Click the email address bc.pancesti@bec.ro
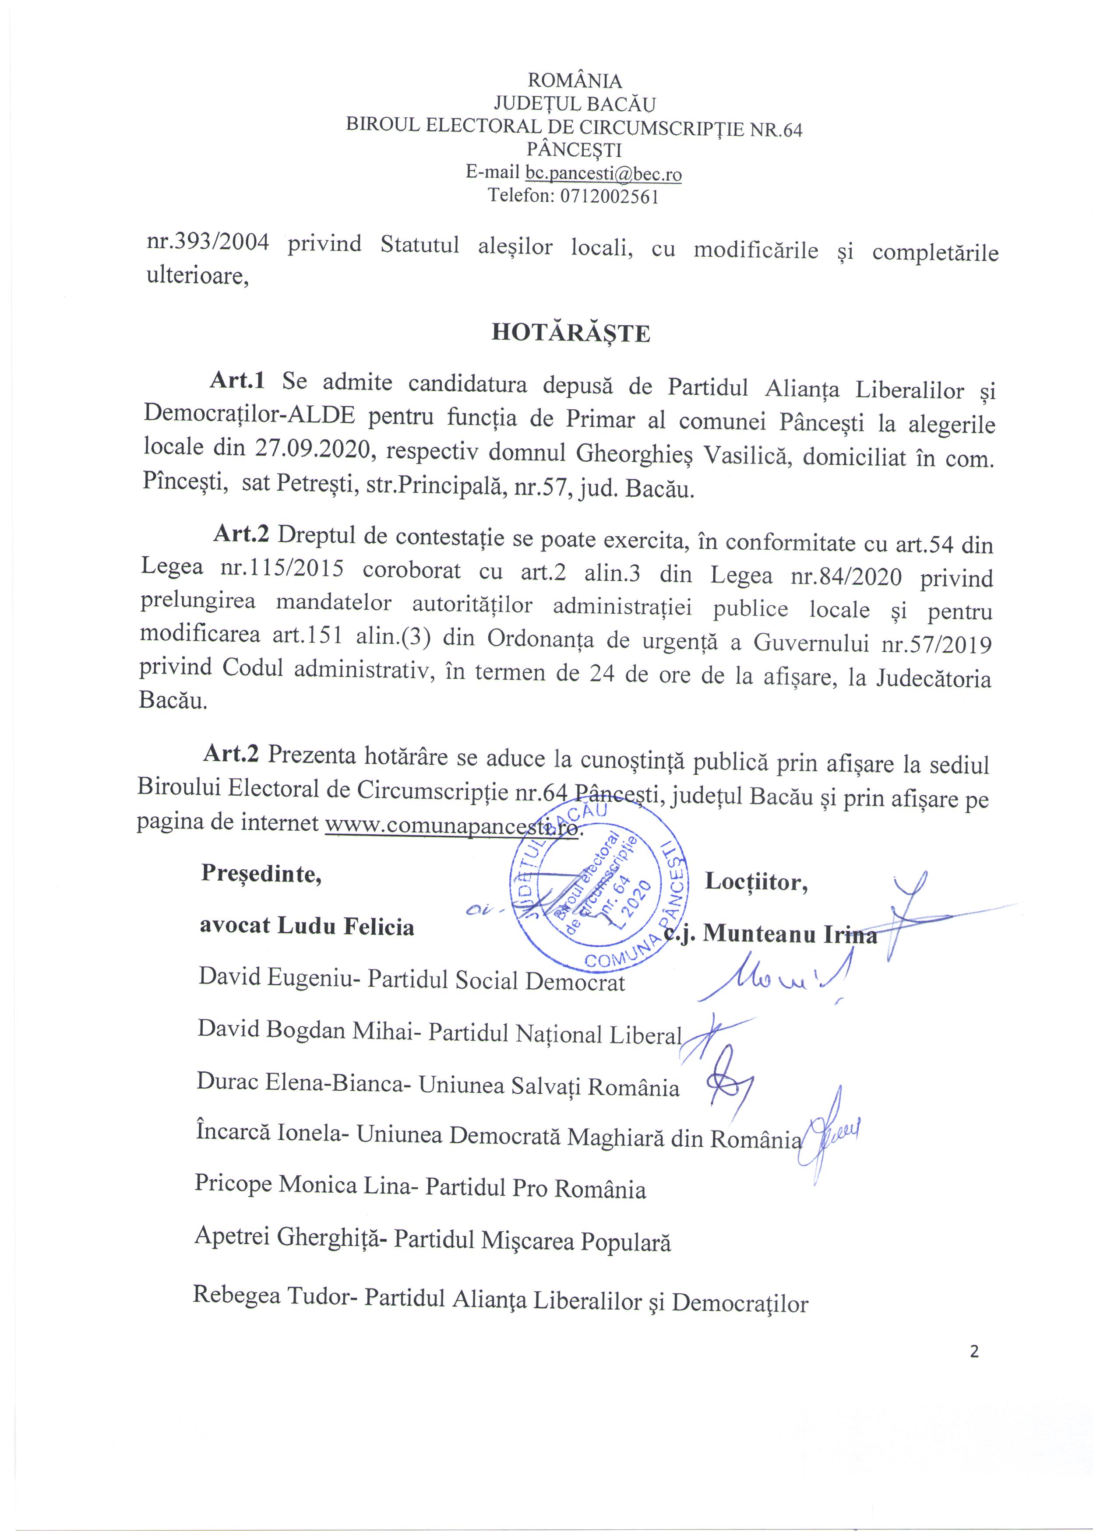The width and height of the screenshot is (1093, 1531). (603, 174)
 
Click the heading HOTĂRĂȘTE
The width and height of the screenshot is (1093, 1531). (571, 334)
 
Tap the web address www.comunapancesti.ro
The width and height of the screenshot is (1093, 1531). (451, 826)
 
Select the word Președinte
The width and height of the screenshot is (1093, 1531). (261, 874)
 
